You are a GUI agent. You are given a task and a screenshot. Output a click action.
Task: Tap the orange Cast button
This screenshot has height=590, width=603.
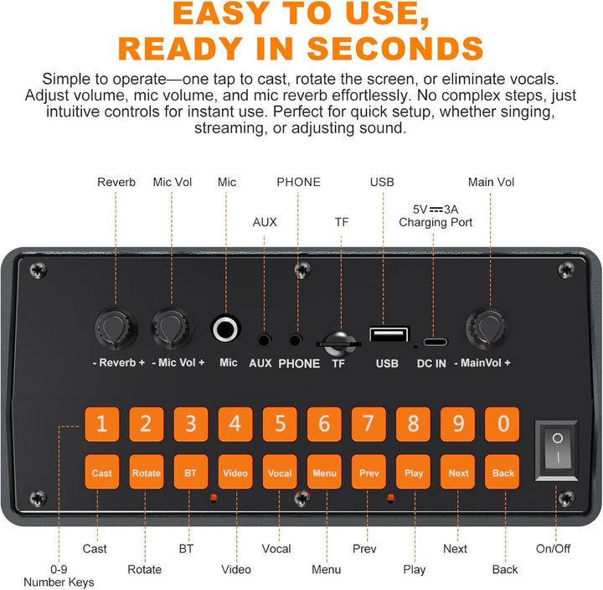102,472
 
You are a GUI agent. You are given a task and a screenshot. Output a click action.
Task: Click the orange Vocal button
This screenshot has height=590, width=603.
280,472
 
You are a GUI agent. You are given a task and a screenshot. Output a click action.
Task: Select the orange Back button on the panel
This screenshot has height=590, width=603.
502,472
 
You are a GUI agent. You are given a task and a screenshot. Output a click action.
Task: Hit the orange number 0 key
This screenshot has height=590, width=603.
502,424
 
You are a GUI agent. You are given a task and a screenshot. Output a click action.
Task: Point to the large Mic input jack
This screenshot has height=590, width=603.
226,329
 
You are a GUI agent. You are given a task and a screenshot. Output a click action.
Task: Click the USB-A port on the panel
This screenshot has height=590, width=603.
389,334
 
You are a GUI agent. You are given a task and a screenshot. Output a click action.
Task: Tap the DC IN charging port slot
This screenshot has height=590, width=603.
435,342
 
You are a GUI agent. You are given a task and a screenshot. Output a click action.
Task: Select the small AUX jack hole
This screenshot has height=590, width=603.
264,340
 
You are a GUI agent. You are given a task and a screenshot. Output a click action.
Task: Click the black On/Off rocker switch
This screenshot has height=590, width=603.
556,450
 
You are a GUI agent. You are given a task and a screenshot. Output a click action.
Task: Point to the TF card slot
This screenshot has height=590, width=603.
339,344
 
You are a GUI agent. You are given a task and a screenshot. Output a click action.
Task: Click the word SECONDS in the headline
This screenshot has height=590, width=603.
395,49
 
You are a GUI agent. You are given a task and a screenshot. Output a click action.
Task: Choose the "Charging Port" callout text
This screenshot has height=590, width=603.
435,222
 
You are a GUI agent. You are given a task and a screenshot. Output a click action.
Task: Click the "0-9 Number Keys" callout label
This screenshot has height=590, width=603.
59,576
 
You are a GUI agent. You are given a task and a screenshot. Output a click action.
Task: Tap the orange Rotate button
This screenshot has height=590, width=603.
147,472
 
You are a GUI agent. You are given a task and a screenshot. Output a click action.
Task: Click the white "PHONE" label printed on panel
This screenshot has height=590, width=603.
299,364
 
